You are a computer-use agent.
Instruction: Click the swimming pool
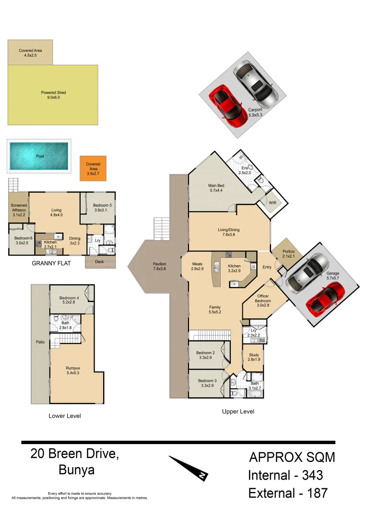(x=38, y=156)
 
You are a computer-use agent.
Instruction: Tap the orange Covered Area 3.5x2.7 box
(x=93, y=168)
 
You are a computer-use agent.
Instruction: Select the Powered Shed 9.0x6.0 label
(x=53, y=95)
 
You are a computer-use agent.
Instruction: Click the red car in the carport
(x=226, y=103)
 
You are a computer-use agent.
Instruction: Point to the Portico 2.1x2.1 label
(x=288, y=254)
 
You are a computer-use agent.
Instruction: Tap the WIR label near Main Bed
(x=272, y=203)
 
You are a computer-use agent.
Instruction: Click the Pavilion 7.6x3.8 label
(x=159, y=266)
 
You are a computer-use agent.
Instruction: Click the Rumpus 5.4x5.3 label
(x=73, y=371)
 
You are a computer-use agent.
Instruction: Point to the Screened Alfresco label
(x=19, y=211)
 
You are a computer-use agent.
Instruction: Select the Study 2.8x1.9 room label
(x=254, y=357)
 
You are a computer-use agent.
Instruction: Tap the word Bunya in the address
(x=76, y=470)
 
